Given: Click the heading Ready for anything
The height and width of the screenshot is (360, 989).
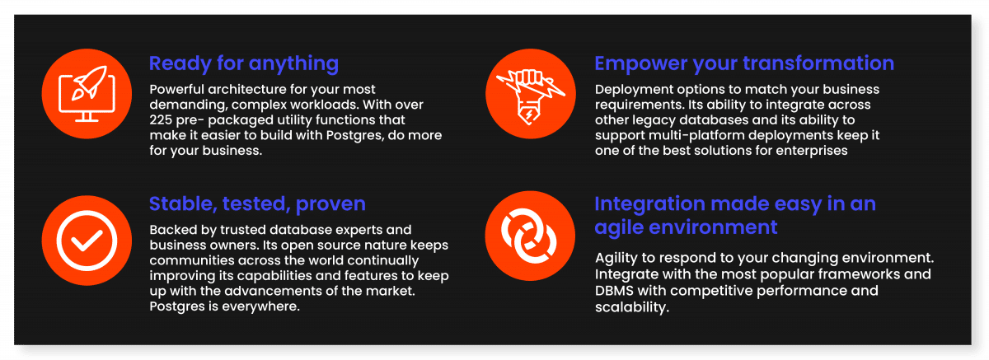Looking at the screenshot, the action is pos(244,64).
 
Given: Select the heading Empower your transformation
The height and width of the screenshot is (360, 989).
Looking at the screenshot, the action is pos(744,63).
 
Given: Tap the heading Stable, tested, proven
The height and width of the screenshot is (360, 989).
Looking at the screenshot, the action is pos(257,204).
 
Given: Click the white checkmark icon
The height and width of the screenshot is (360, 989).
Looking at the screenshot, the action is pos(87,241).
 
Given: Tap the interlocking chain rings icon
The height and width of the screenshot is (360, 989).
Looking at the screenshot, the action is pos(529,236).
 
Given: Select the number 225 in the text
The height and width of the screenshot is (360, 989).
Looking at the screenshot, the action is pos(160,120).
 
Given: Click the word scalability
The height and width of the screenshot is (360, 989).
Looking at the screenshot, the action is pos(632,307).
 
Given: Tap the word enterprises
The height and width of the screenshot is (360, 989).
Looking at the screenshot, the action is pos(812,151).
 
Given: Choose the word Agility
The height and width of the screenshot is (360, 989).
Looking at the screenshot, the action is pos(616,258).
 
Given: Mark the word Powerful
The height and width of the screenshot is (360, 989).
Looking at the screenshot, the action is pos(176,90).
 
